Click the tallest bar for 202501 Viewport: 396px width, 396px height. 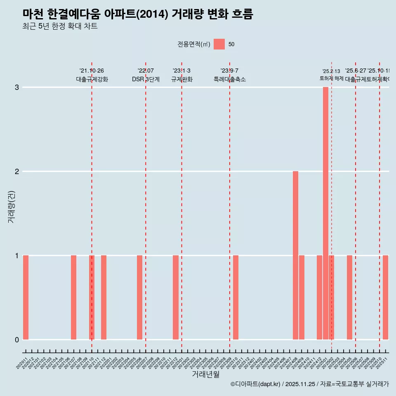point(325,213)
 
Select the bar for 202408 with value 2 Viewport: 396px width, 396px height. point(295,255)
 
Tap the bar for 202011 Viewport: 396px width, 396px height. point(26,297)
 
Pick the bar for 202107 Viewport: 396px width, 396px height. point(73,297)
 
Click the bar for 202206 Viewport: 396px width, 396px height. point(139,297)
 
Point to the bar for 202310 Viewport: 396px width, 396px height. point(236,297)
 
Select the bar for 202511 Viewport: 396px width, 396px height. point(385,297)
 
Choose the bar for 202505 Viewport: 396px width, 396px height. point(349,297)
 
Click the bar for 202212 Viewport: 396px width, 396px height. point(176,297)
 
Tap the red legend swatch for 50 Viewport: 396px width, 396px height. point(219,44)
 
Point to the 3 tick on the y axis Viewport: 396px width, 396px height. point(17,87)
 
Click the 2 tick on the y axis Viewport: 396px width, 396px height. point(17,171)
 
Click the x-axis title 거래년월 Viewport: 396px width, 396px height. point(205,374)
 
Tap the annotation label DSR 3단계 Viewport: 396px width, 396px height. point(146,79)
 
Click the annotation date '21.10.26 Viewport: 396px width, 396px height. point(92,71)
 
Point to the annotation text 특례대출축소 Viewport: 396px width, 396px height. point(229,79)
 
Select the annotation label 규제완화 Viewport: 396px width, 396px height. point(181,79)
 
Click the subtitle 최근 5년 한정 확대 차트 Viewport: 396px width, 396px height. point(60,26)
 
